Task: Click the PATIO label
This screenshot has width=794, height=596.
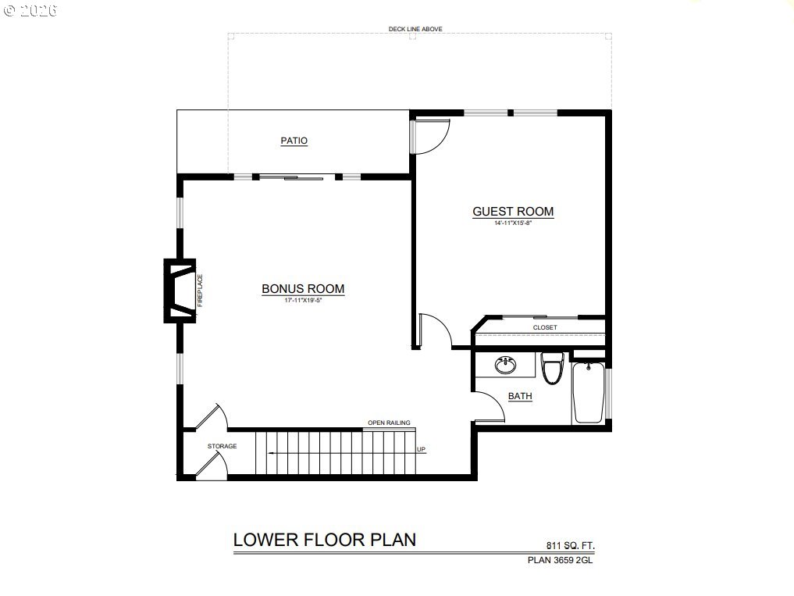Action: pyautogui.click(x=294, y=141)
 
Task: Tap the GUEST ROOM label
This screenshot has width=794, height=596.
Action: pyautogui.click(x=513, y=212)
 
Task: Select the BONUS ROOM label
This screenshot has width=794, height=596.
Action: pyautogui.click(x=303, y=288)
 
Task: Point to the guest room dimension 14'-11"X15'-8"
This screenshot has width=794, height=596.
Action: pyautogui.click(x=513, y=223)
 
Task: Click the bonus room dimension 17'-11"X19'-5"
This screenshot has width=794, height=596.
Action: pyautogui.click(x=304, y=300)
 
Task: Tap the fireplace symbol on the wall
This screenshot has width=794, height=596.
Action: pyautogui.click(x=180, y=291)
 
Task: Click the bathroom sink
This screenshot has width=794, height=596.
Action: pyautogui.click(x=505, y=365)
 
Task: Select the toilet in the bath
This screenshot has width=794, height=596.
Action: pyautogui.click(x=552, y=368)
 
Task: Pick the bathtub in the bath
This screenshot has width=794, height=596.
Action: pyautogui.click(x=589, y=392)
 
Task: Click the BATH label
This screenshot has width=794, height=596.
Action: pyautogui.click(x=520, y=396)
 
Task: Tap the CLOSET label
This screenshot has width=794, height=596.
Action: pyautogui.click(x=545, y=327)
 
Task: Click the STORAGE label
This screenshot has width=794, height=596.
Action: pyautogui.click(x=222, y=446)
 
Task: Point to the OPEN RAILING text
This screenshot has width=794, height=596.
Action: pyautogui.click(x=389, y=423)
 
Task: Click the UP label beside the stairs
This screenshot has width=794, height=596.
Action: pyautogui.click(x=421, y=449)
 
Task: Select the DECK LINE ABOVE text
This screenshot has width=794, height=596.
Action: pyautogui.click(x=415, y=29)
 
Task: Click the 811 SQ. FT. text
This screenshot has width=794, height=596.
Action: pyautogui.click(x=570, y=546)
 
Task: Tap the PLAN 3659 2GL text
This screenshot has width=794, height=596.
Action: pyautogui.click(x=560, y=560)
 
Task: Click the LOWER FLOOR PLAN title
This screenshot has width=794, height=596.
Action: pyautogui.click(x=325, y=540)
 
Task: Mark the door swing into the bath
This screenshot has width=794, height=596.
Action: pyautogui.click(x=490, y=406)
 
